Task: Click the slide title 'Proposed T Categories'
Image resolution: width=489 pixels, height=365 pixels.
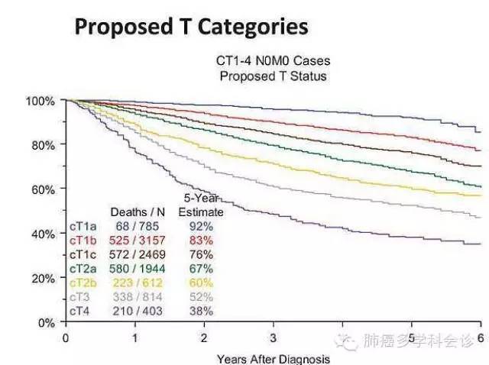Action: pyautogui.click(x=191, y=27)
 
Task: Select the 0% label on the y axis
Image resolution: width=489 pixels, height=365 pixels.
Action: pyautogui.click(x=46, y=322)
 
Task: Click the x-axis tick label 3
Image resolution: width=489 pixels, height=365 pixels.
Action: pyautogui.click(x=274, y=337)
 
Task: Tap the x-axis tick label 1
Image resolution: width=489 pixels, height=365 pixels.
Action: pyautogui.click(x=135, y=337)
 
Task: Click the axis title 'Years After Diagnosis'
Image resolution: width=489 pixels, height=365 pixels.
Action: pyautogui.click(x=274, y=358)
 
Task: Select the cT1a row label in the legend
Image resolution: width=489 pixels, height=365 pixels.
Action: pyautogui.click(x=83, y=226)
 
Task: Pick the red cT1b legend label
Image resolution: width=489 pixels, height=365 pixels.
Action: pyautogui.click(x=83, y=241)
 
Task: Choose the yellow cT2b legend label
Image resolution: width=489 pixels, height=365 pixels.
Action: pyautogui.click(x=83, y=283)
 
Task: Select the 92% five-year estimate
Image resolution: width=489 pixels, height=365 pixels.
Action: pyautogui.click(x=202, y=226)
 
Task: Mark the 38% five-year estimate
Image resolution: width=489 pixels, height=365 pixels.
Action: pyautogui.click(x=202, y=312)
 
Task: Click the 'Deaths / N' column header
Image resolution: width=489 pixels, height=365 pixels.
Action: pyautogui.click(x=134, y=212)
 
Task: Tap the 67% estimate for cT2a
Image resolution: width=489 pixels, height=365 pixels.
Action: pyautogui.click(x=202, y=269)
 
